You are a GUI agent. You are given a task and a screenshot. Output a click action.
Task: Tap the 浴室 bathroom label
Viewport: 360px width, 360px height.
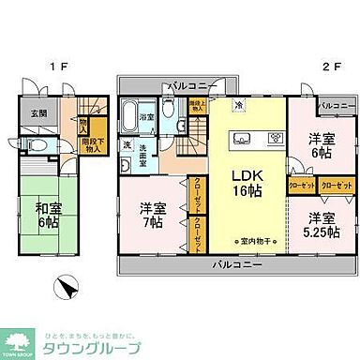(x=147, y=117)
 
